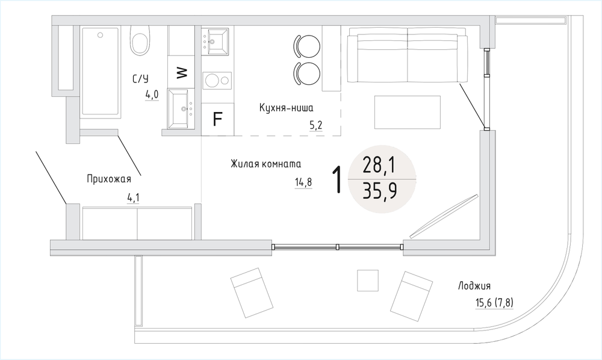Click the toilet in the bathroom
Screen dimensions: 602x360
(140, 41)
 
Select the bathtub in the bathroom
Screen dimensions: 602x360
(100, 71)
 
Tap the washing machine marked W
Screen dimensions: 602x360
(182, 72)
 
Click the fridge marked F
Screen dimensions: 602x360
(218, 119)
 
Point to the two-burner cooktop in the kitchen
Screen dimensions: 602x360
(217, 80)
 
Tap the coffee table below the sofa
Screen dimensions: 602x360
(408, 113)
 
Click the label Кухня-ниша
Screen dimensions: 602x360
(286, 108)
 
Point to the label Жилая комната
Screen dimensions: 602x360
(265, 164)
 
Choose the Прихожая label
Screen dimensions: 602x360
(109, 179)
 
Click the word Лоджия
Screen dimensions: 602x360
(474, 286)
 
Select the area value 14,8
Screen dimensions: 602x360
(303, 182)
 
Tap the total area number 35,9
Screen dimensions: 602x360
(380, 191)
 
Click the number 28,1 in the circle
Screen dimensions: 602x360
(379, 166)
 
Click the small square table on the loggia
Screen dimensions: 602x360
(368, 281)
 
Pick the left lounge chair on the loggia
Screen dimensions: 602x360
(252, 293)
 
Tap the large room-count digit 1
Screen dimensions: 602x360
(337, 179)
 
